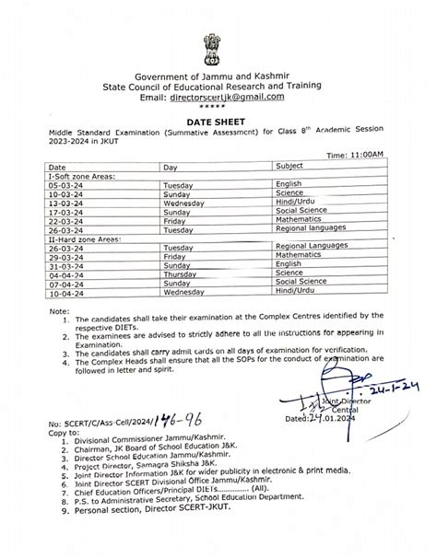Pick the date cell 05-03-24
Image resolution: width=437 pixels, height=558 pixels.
click(76, 185)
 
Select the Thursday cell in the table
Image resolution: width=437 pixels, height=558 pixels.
click(181, 273)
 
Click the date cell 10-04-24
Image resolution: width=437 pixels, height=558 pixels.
click(77, 293)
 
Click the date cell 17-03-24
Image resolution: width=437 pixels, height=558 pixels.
click(77, 211)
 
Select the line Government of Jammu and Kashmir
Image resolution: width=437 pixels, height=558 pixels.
click(218, 75)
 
